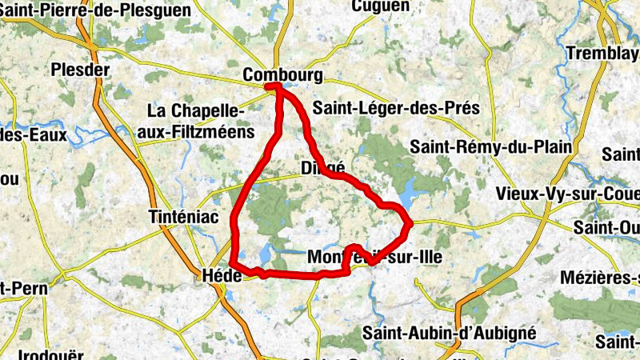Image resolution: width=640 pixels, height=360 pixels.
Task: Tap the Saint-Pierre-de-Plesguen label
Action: (96, 10)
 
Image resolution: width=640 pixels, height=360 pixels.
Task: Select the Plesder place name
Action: (79, 70)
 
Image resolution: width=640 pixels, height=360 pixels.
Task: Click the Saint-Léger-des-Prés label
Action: (396, 107)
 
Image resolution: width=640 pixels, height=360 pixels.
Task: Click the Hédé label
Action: (217, 274)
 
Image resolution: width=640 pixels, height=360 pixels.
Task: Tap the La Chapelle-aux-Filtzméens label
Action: (200, 121)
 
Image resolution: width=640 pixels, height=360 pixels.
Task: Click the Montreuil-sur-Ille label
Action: (374, 257)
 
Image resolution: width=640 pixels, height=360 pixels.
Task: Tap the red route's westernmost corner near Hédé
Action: (231, 263)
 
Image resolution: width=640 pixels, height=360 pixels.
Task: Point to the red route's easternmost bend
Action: (409, 223)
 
